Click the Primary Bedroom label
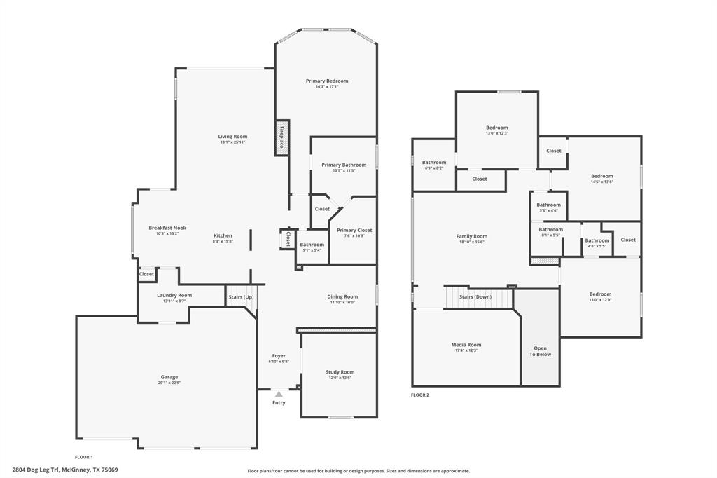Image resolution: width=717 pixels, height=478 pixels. coord(326,81)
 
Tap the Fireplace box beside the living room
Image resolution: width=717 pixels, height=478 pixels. coord(282,137)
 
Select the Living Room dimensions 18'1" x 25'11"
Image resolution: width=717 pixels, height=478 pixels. coord(232,142)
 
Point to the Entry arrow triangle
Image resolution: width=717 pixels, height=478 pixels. coord(279,395)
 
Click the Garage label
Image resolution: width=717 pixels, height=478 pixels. coord(169,377)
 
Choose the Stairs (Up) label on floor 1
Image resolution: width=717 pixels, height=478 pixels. coord(242,298)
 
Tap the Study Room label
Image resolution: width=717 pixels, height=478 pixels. coord(340,372)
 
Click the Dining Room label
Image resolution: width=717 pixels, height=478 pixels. coord(342,296)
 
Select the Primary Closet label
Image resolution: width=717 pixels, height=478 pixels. coord(354,230)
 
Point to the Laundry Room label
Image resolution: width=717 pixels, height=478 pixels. coord(174,295)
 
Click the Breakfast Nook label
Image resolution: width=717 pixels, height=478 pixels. coord(167,228)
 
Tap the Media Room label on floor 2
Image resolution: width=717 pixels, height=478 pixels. coord(466,345)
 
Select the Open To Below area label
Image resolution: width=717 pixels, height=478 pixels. coord(540,351)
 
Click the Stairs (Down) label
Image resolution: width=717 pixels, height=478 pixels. coord(475,296)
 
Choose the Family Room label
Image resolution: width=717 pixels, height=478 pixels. coord(471,236)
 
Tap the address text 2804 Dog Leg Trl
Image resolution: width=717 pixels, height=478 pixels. coord(36,470)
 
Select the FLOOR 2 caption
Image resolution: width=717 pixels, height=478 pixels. coord(420,395)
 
